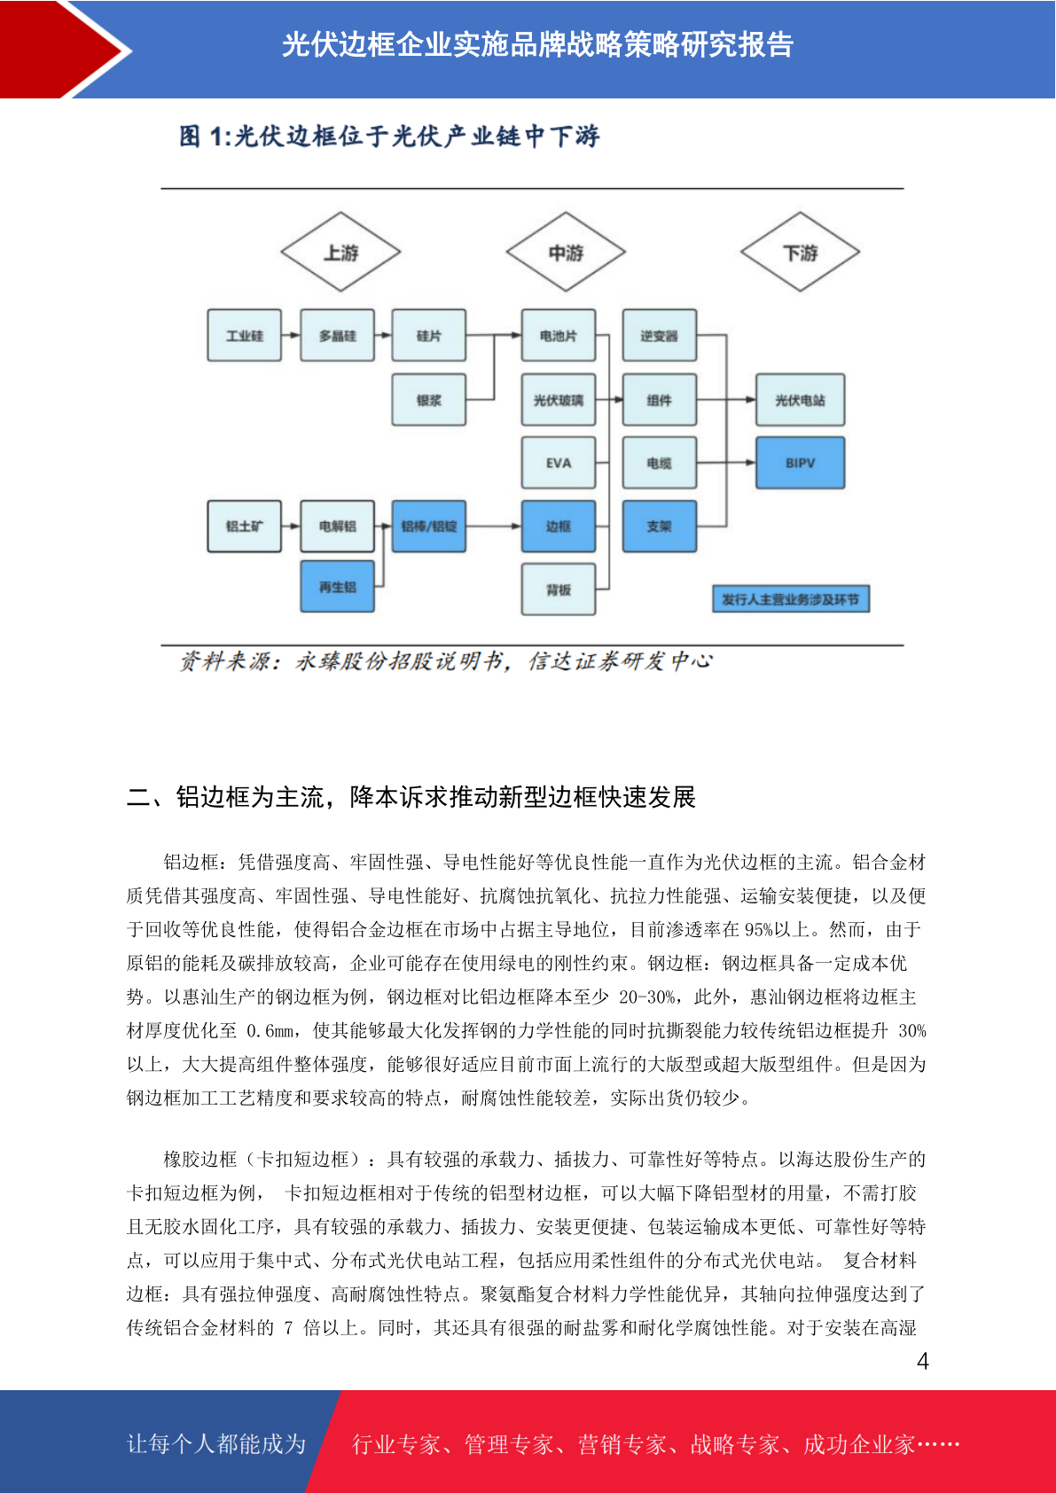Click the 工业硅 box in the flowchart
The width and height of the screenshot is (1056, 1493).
(244, 335)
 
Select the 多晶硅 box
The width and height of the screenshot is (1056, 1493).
(337, 335)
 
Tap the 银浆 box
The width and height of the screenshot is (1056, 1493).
(428, 400)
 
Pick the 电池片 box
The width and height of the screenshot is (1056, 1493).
(559, 335)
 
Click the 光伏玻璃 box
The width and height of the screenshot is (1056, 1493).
(559, 400)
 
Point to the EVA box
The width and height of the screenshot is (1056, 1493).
(559, 463)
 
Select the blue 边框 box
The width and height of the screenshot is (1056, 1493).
(559, 527)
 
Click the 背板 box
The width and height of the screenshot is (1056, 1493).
(559, 590)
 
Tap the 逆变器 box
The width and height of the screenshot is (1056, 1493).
(660, 335)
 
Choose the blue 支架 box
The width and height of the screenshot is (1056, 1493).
(660, 527)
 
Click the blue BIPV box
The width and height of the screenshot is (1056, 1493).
(800, 463)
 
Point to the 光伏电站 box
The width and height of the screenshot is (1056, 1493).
(800, 400)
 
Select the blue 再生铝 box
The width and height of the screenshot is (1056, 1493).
(337, 587)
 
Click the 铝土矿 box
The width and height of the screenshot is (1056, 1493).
(244, 527)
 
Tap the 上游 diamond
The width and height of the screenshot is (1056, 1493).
(340, 252)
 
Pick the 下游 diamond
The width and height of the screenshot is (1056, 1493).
(800, 252)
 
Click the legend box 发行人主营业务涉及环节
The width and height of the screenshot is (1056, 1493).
(791, 599)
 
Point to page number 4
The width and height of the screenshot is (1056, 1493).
(923, 1360)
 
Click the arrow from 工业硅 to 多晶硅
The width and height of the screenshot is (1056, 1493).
(291, 335)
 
